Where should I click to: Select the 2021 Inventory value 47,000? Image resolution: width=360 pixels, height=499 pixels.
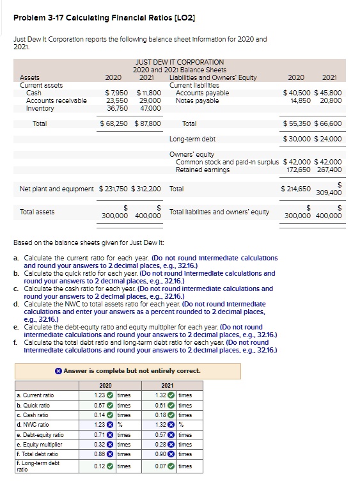pyautogui.click(x=150, y=108)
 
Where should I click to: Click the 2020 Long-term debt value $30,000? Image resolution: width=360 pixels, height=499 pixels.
pyautogui.click(x=297, y=139)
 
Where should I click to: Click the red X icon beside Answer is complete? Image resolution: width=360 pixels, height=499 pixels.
pyautogui.click(x=58, y=371)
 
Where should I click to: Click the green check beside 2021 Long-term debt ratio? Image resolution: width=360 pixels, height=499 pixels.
pyautogui.click(x=173, y=466)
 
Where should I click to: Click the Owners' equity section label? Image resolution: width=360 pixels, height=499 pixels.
pyautogui.click(x=192, y=154)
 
